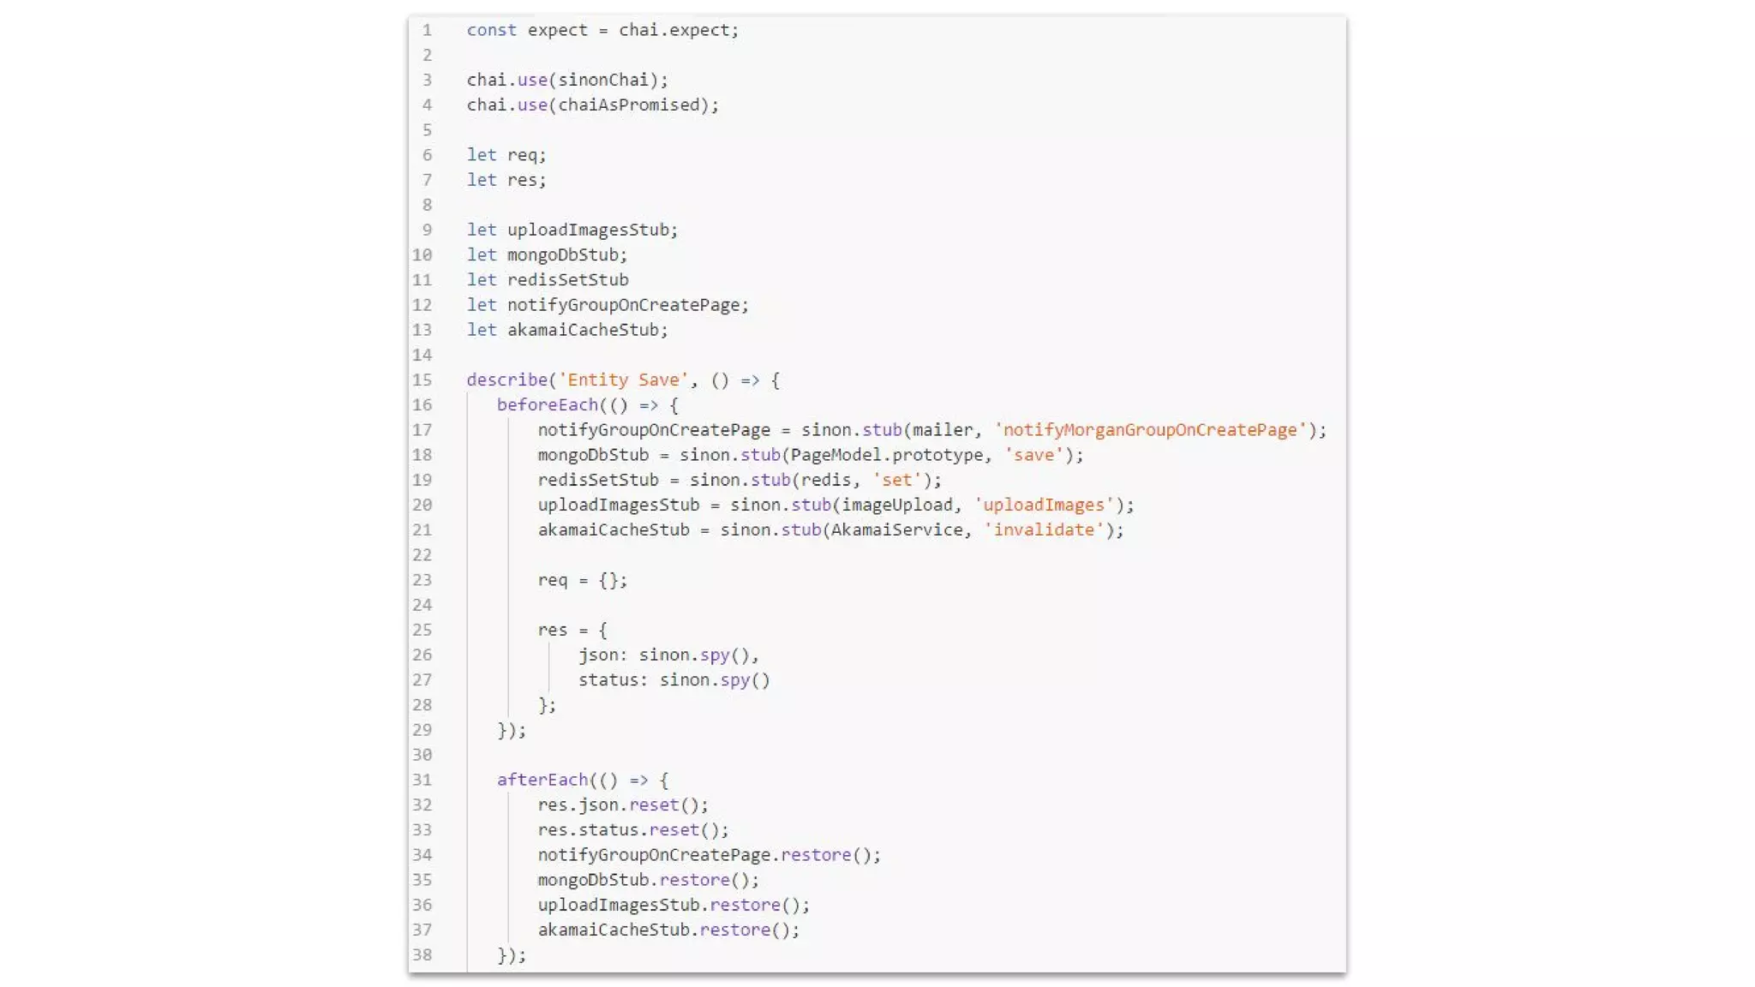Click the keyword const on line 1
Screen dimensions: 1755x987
click(491, 30)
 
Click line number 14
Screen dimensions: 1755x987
click(422, 355)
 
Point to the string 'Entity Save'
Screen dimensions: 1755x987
click(623, 380)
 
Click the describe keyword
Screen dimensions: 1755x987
click(506, 380)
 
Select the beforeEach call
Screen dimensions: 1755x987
click(547, 404)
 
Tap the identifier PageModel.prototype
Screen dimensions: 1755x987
click(886, 455)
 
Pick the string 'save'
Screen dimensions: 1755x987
click(1033, 455)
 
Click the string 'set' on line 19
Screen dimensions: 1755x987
click(896, 480)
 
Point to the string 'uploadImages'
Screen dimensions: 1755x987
click(1043, 505)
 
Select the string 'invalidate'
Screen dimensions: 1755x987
click(1043, 529)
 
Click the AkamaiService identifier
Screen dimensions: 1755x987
click(895, 529)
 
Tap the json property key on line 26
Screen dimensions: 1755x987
click(598, 655)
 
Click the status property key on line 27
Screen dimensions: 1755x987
click(608, 679)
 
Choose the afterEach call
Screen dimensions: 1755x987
click(542, 780)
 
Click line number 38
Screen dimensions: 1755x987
click(422, 954)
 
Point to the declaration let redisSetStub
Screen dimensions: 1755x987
click(548, 279)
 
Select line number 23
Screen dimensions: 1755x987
click(422, 580)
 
